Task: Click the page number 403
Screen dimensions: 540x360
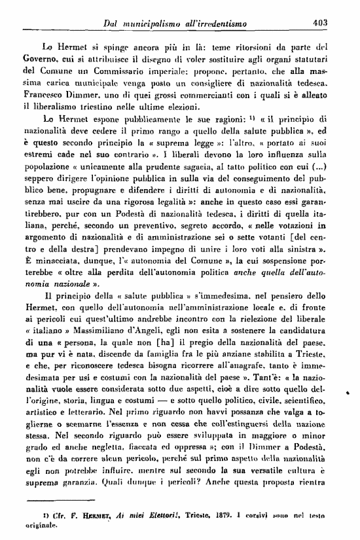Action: [320, 23]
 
